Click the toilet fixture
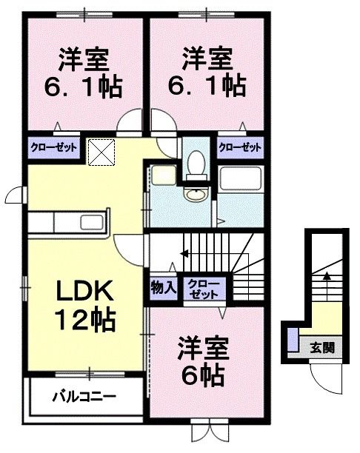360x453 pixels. (x=196, y=164)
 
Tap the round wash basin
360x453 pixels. (x=196, y=195)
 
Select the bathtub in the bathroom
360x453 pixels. (x=241, y=178)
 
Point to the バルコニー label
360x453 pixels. (x=83, y=397)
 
